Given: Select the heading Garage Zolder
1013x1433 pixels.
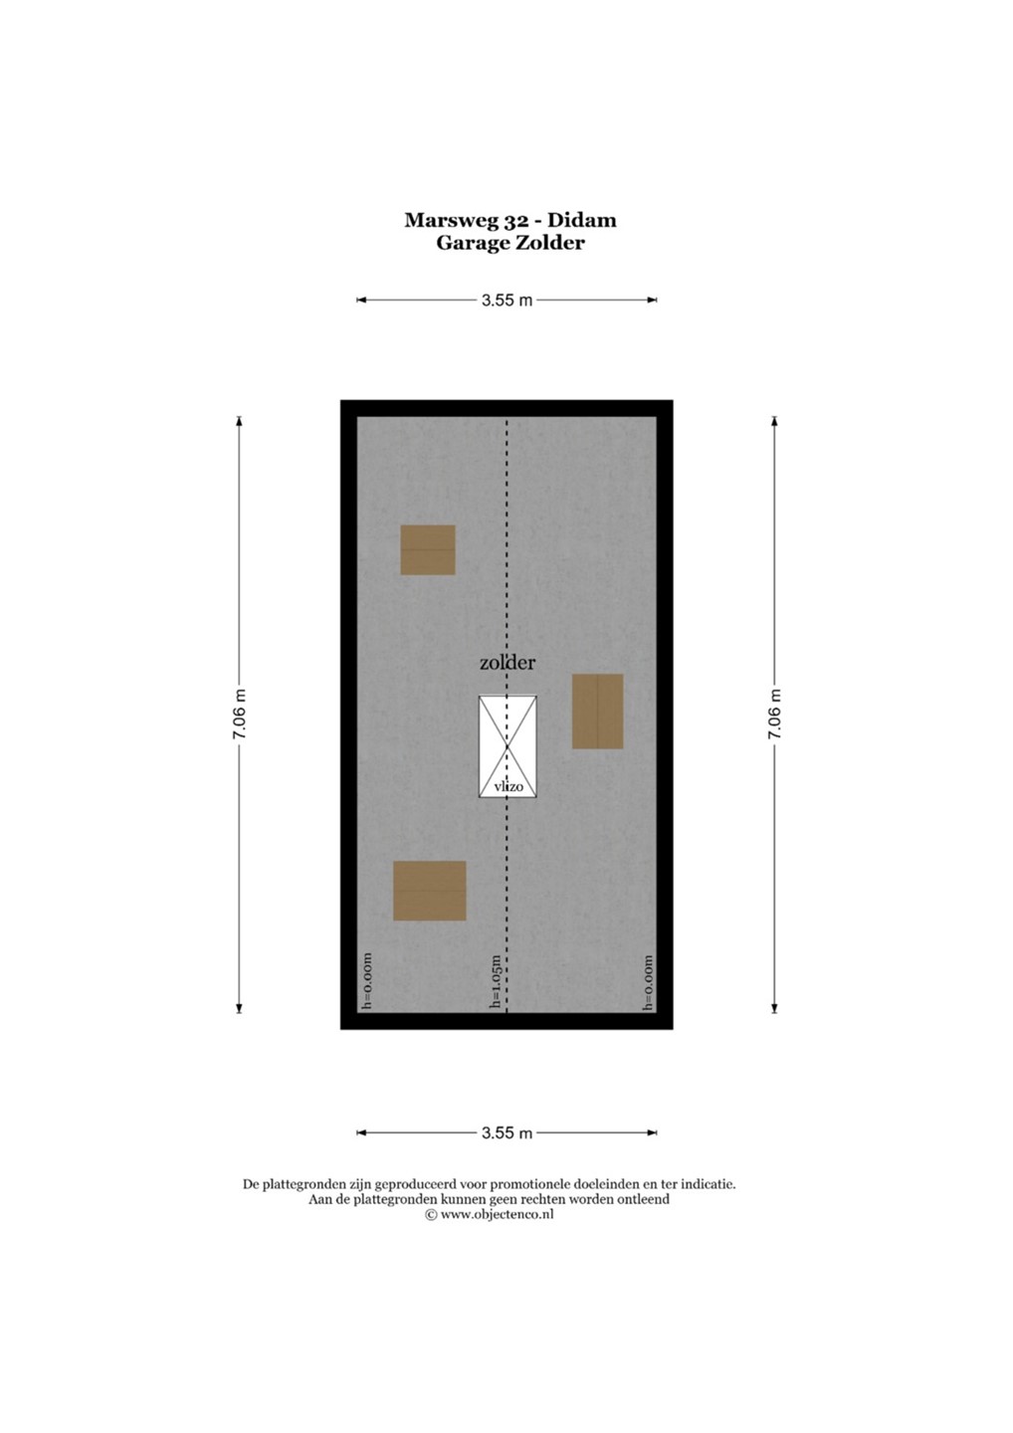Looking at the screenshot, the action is [x=510, y=244].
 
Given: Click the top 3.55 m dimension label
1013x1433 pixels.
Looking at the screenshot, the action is [x=507, y=301].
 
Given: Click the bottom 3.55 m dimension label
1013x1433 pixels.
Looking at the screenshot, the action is [x=507, y=1132].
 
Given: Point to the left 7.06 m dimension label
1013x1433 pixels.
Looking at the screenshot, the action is [x=239, y=715].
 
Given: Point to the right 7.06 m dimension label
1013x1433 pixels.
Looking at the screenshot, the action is [x=774, y=715].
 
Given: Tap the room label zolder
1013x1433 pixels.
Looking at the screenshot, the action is [x=507, y=664].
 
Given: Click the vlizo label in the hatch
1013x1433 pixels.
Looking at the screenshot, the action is [x=508, y=787].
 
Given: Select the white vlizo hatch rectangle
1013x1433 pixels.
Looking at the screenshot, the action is [x=507, y=746].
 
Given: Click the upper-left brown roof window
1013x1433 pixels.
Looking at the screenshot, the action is [x=428, y=550].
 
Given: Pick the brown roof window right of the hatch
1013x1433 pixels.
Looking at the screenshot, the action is [x=597, y=711].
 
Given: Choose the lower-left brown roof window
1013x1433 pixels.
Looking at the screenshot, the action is [x=430, y=892].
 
